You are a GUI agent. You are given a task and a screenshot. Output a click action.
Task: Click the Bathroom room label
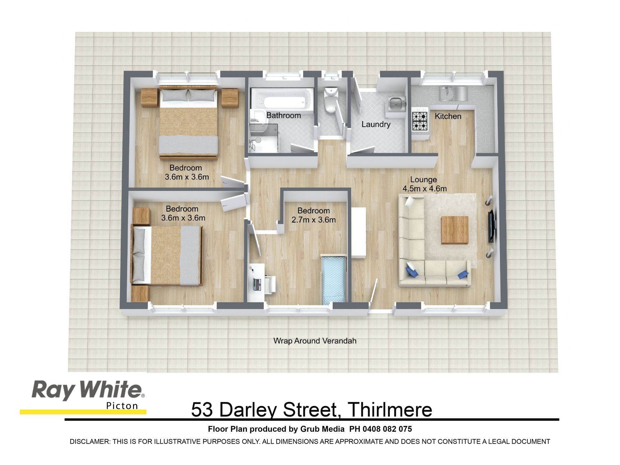coord(284,115)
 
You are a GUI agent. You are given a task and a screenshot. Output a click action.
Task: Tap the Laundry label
coord(376,124)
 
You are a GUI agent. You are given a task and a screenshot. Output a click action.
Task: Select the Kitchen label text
coord(448,116)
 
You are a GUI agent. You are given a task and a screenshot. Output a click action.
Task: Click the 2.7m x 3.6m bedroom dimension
coord(314,220)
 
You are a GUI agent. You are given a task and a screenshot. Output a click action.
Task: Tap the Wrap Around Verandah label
coord(315,341)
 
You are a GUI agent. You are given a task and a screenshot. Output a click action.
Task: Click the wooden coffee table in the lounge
coord(455,230)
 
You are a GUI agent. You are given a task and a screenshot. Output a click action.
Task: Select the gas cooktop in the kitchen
coord(420,121)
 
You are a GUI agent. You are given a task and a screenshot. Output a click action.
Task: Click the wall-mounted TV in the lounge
coord(491,226)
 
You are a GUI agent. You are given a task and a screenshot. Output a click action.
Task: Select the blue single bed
coord(334,280)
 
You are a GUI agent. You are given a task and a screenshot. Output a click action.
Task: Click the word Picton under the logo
coord(122,406)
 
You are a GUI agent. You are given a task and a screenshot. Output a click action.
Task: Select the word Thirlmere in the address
coord(390,410)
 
